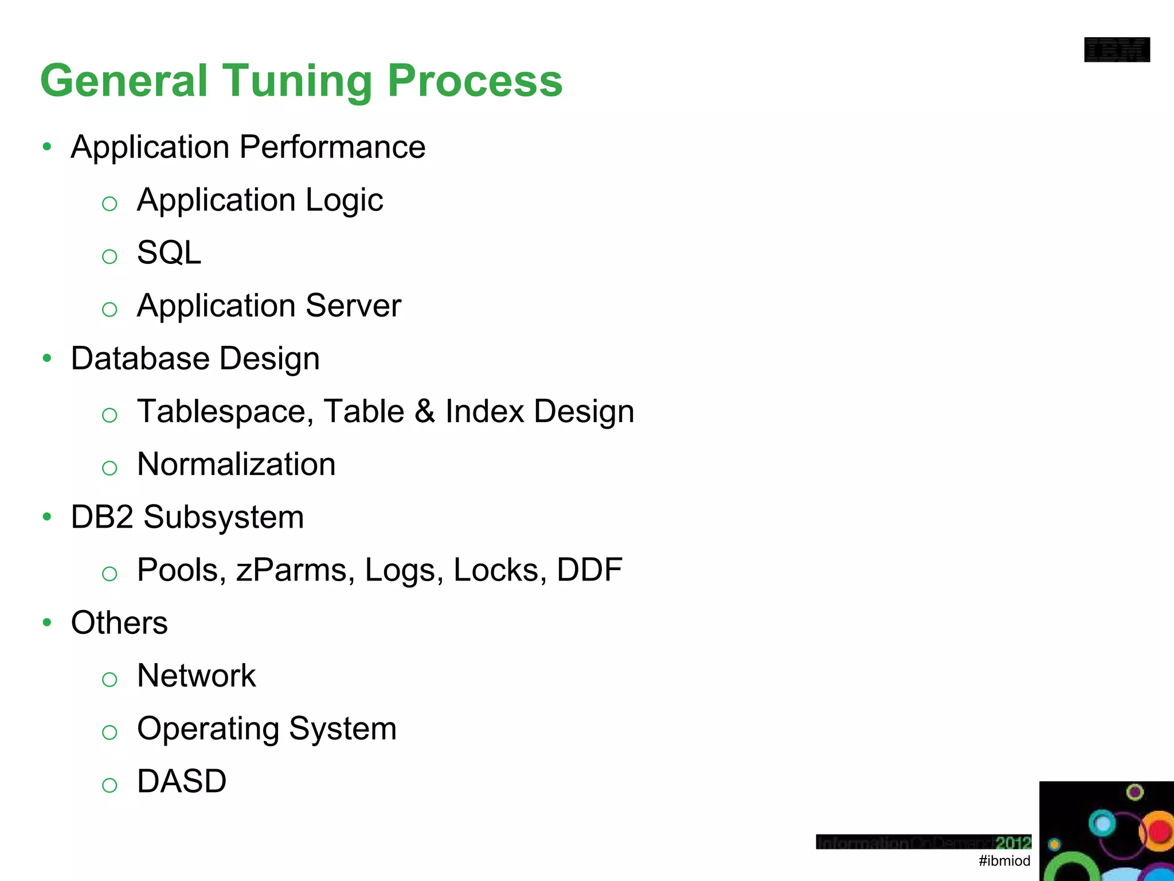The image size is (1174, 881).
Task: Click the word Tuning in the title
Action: [298, 81]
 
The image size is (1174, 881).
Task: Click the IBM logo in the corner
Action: [1117, 50]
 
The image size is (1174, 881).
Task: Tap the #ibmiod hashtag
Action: [1004, 860]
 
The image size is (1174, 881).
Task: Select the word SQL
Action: [169, 252]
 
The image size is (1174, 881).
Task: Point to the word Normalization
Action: [236, 464]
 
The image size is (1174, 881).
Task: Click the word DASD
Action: [182, 781]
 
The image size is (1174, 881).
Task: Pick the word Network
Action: [196, 676]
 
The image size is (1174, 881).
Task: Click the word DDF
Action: [589, 570]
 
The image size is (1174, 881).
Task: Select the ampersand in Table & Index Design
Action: [425, 411]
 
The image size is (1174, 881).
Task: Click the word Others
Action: [119, 623]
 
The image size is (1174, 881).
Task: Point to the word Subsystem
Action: [224, 517]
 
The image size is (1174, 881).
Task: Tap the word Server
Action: [353, 306]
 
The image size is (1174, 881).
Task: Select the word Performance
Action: [332, 147]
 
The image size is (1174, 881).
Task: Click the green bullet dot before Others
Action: [47, 622]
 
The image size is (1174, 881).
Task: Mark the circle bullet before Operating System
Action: [109, 732]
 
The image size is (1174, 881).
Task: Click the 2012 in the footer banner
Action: [1013, 843]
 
